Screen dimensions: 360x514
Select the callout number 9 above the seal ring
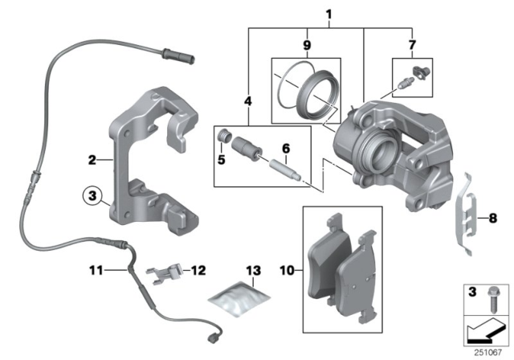tap(306, 45)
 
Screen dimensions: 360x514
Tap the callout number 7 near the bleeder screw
tap(414, 45)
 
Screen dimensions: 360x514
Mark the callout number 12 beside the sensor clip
tap(198, 271)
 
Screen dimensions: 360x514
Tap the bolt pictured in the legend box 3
tap(491, 305)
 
